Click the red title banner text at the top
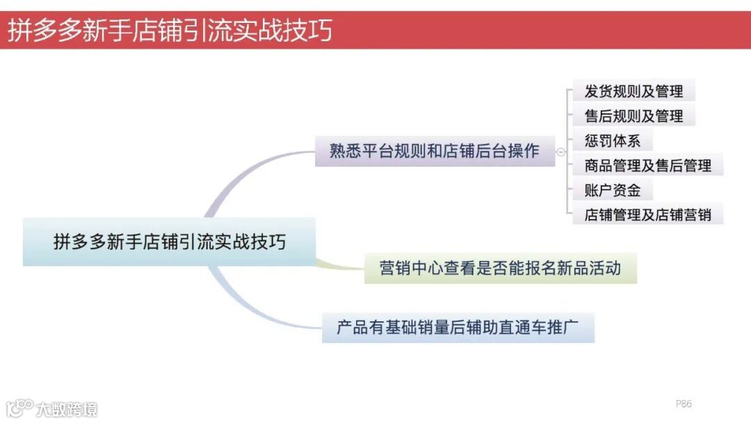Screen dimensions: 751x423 170,31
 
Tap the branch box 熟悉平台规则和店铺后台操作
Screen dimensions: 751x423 435,151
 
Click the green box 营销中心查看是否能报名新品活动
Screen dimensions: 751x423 500,268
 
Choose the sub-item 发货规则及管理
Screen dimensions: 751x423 633,91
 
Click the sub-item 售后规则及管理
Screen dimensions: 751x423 633,115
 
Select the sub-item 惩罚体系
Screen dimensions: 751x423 612,141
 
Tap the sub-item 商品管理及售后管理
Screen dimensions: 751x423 647,166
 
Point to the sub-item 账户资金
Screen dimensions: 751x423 612,190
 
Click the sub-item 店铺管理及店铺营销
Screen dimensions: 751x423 647,214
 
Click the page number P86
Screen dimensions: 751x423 684,404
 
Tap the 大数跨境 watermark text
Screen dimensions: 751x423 67,408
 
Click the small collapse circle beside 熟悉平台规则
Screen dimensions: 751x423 560,152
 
